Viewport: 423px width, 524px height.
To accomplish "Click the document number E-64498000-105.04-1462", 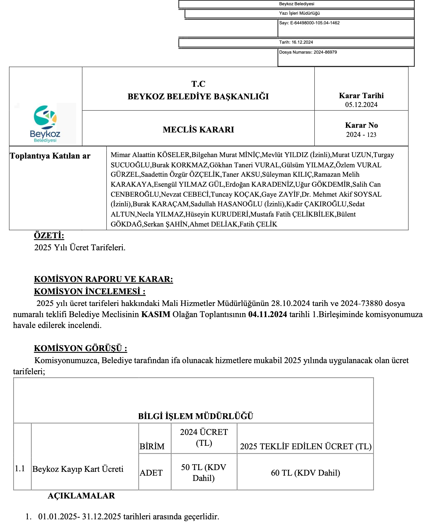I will click(315, 23).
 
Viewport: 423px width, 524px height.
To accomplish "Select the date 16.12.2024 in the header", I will click(302, 42).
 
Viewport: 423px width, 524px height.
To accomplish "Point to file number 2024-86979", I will click(325, 52).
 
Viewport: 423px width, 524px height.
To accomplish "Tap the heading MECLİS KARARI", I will click(198, 130).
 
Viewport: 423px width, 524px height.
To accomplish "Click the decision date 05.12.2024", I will click(361, 105).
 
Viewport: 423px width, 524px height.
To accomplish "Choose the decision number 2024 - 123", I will click(361, 135).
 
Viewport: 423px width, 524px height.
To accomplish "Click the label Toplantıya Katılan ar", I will click(50, 156).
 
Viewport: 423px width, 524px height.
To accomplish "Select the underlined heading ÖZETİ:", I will click(49, 235).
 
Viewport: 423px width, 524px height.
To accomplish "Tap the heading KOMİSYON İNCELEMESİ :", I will click(90, 291).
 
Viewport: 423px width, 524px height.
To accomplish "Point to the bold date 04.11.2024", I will click(267, 314).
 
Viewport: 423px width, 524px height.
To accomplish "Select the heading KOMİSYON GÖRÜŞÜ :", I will click(81, 348).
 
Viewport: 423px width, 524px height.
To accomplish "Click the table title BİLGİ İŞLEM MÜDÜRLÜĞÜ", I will click(195, 416).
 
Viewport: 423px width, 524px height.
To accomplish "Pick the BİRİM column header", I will click(152, 446).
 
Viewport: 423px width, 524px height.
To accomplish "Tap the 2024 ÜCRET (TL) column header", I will click(204, 437).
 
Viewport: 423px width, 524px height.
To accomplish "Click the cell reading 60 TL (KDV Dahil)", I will click(305, 473).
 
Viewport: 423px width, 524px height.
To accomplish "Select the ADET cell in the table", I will click(151, 473).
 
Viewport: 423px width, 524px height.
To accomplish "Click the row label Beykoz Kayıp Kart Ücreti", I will click(78, 469).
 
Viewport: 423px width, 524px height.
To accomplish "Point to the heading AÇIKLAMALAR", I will click(81, 496).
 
